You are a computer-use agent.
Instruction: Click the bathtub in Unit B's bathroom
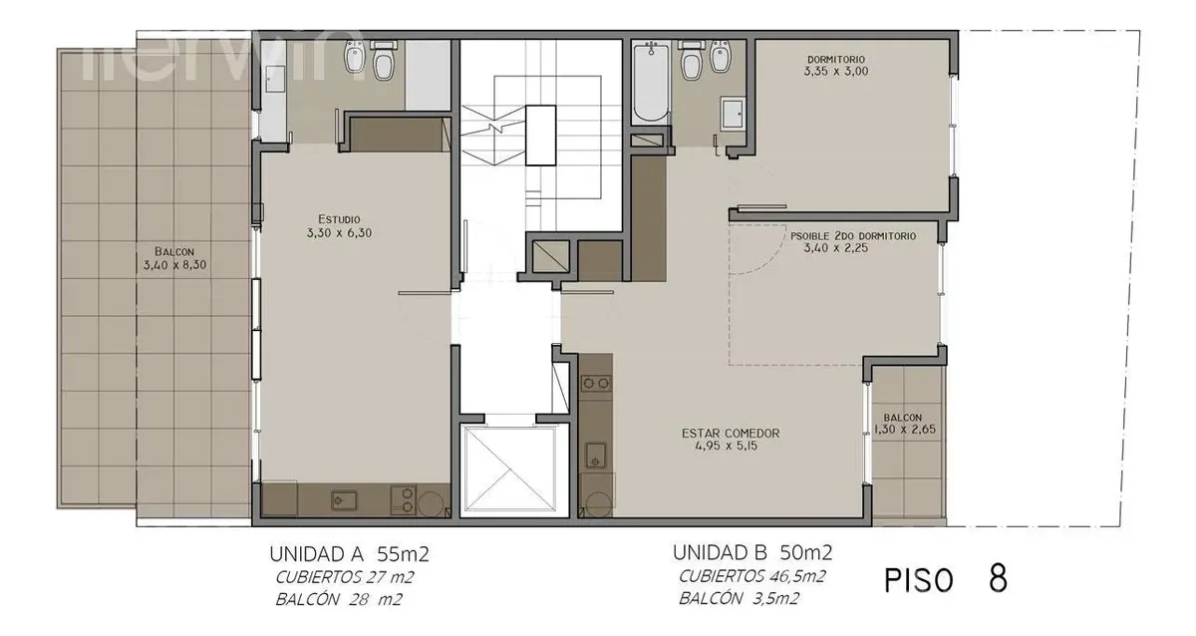650,83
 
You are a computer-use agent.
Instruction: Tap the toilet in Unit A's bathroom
383,61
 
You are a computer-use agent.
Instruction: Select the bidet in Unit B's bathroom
721,56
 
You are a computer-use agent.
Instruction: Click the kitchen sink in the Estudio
344,500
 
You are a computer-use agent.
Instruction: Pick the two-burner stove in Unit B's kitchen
596,383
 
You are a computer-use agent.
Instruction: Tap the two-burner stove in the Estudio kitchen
404,499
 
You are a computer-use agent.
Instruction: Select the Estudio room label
339,219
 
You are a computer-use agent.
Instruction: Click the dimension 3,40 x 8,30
174,265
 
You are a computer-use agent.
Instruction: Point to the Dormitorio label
836,59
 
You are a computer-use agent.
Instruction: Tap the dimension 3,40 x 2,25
835,248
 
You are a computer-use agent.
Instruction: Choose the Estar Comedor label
731,433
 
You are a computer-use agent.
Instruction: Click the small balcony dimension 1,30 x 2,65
905,430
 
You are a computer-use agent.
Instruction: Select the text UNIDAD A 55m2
349,554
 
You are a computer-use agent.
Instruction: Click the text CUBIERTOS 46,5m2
752,577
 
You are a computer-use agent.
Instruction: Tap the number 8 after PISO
998,578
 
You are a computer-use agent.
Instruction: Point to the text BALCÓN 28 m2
339,600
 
